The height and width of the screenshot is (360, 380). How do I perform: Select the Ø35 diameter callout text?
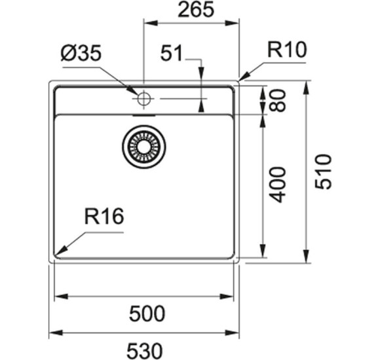click(x=81, y=55)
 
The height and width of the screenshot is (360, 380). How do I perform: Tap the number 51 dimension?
click(x=174, y=55)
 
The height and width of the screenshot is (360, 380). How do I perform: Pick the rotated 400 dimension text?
click(x=279, y=184)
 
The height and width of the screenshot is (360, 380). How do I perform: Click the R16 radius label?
click(x=104, y=217)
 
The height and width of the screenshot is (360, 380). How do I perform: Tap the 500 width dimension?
click(x=146, y=314)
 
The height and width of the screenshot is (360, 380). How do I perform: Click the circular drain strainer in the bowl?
click(x=143, y=146)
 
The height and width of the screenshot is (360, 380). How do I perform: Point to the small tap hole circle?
click(x=143, y=99)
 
